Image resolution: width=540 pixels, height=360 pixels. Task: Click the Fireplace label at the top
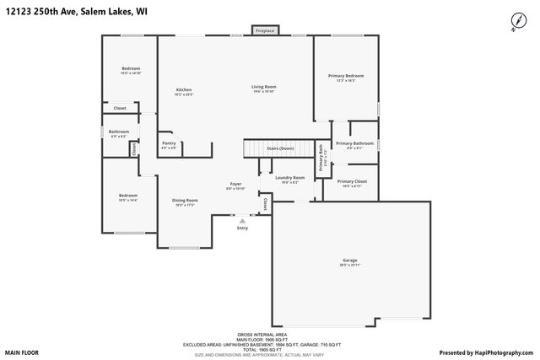click(264, 31)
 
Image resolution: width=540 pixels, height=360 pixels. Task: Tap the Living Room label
click(263, 87)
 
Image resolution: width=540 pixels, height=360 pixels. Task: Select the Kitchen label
click(184, 90)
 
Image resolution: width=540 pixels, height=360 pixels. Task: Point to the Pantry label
click(169, 143)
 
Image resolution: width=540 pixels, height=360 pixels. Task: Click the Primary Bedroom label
click(346, 76)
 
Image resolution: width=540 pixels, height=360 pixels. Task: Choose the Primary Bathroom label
click(354, 144)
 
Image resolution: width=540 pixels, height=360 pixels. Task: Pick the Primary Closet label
click(352, 181)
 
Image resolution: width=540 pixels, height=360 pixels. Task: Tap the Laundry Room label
click(289, 178)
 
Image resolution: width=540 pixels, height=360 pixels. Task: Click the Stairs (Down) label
click(280, 148)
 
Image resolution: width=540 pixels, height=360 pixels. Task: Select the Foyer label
click(235, 184)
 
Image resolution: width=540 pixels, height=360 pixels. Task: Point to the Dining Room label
click(186, 201)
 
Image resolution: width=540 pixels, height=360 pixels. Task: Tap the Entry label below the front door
click(243, 228)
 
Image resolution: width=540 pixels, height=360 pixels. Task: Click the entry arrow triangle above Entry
click(243, 221)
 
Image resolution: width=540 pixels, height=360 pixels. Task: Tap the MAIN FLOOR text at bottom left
click(23, 352)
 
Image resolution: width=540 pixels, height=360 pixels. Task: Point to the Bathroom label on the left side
click(119, 132)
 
